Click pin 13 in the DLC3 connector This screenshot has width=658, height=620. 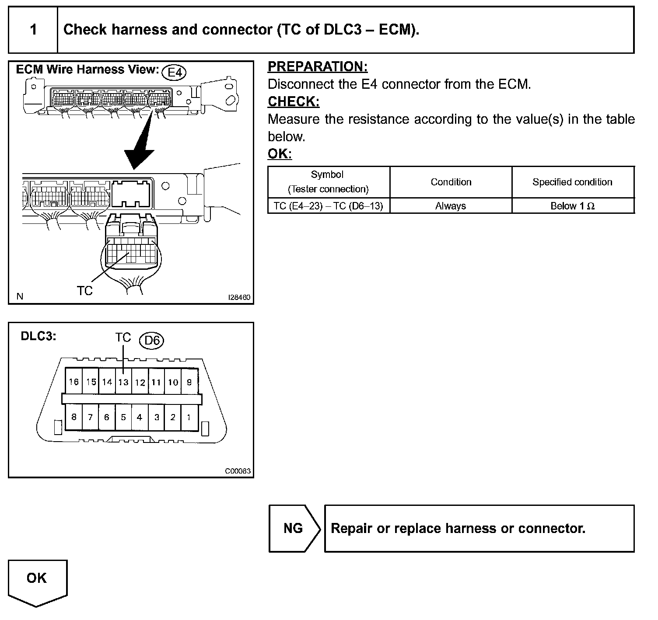coord(123,382)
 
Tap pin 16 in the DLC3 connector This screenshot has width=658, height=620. coord(73,382)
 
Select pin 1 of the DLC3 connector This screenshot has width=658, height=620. coord(189,417)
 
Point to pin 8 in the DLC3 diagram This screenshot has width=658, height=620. coord(73,417)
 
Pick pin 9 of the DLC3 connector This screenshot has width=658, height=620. coord(189,382)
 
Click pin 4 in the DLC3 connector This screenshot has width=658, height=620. coord(140,417)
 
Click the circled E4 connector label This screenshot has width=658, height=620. coord(174,72)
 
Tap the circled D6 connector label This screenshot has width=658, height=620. coord(151,340)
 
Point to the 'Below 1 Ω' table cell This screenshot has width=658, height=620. coord(572,206)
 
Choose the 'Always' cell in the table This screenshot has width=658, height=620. coord(451,206)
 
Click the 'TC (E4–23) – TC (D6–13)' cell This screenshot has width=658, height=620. coord(328,206)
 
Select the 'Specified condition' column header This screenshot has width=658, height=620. coord(572,182)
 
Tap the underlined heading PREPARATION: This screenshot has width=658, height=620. coord(318,66)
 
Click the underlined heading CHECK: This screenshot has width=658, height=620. coord(294,101)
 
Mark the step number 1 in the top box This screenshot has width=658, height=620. coord(33,30)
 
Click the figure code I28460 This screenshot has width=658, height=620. coord(239,297)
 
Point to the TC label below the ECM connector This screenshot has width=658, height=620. coord(85,291)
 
